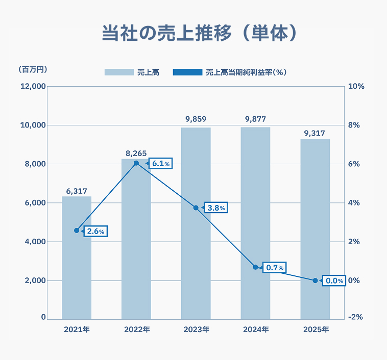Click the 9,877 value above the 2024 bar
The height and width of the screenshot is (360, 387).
coord(255,119)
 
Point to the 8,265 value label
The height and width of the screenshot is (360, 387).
coord(136,152)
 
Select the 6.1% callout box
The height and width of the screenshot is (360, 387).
coord(161,164)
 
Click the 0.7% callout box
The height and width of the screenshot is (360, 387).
coord(275,268)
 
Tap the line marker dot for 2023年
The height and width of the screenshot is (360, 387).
coord(196,208)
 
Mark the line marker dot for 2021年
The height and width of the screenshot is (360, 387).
coord(77,230)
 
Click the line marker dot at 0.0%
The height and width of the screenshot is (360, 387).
coord(315,280)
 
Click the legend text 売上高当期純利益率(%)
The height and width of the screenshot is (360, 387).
coord(246,72)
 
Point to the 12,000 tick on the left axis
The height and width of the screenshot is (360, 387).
coord(33,86)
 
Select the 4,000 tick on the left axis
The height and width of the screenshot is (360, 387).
coord(35,242)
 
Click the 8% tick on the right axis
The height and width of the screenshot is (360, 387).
coord(354,125)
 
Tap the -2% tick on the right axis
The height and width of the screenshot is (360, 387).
coord(355,317)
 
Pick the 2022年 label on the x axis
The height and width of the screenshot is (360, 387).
coord(136,329)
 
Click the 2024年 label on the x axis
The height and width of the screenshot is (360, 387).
coord(255,329)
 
